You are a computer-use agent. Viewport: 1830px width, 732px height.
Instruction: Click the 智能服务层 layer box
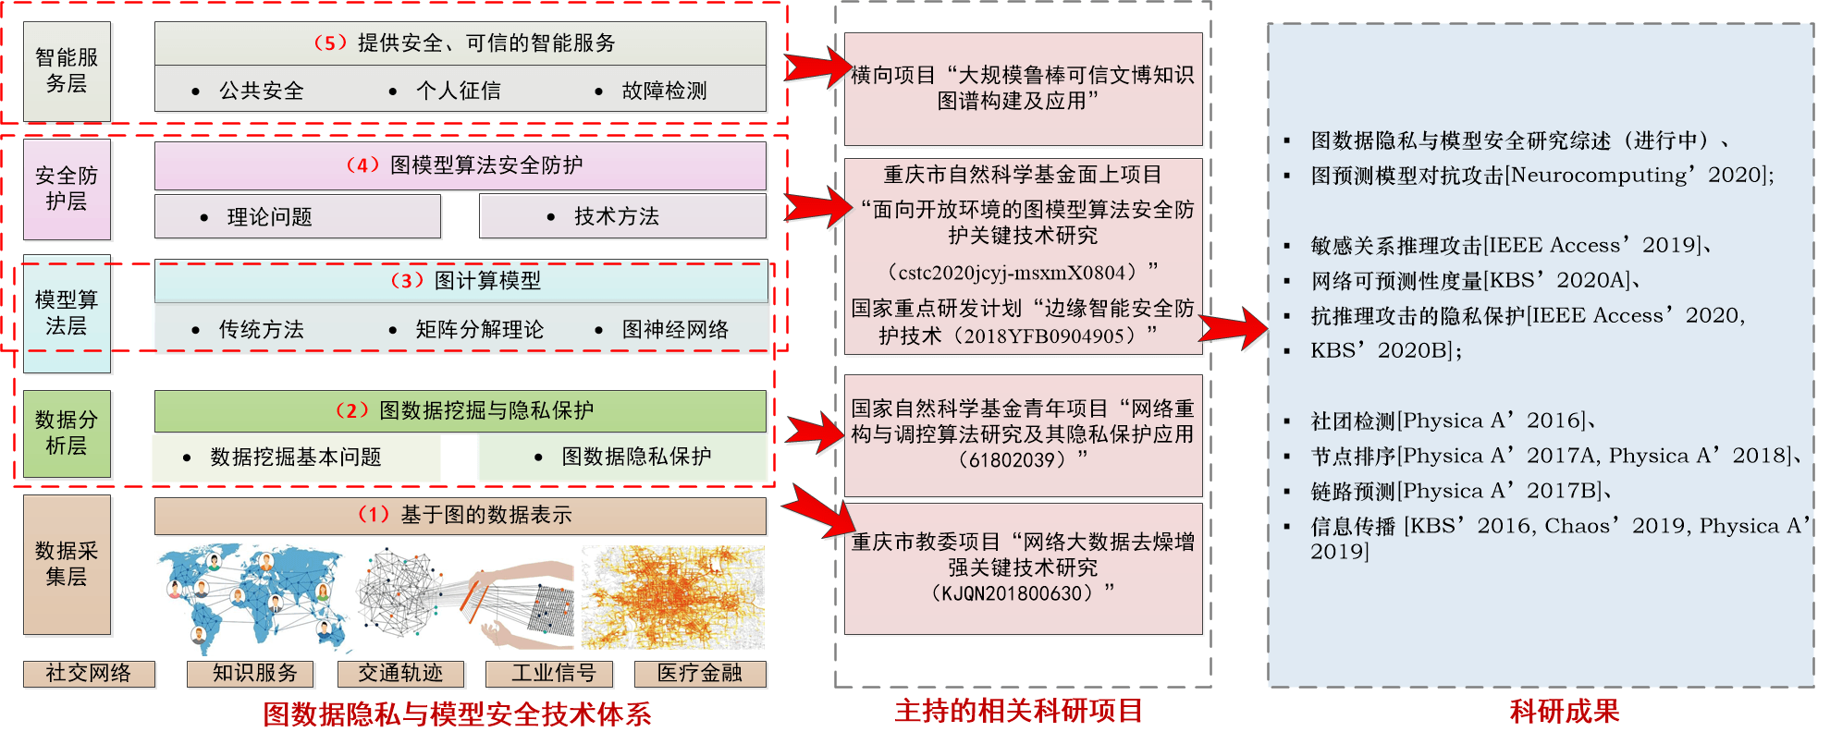[67, 71]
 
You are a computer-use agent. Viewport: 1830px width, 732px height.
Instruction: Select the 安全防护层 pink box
[67, 189]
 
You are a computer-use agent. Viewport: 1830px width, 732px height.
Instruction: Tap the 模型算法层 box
[67, 313]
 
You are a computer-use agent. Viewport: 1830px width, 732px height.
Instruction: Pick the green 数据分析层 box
[67, 433]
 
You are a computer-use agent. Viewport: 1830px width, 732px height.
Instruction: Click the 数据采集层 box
[67, 564]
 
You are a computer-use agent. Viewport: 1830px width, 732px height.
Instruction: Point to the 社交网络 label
[89, 673]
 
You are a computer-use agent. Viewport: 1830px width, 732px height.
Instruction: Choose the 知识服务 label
[251, 673]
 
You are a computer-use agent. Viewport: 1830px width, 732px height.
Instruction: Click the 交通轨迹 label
[400, 673]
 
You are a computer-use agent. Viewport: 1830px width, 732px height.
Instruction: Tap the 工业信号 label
[552, 673]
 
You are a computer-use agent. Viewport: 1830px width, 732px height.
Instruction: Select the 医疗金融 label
[700, 673]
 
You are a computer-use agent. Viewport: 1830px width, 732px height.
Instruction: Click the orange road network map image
[672, 597]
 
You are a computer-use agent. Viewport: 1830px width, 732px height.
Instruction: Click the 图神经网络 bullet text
[675, 330]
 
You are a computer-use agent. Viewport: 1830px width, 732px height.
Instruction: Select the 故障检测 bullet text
[664, 91]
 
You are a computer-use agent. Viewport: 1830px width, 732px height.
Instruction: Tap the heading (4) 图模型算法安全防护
[463, 165]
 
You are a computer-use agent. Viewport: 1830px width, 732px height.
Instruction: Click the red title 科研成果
[1564, 711]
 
